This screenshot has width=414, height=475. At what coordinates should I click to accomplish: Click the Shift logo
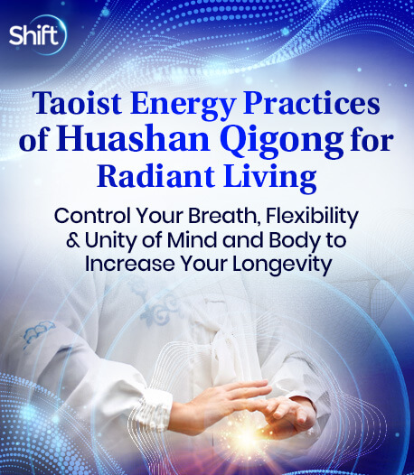[36, 34]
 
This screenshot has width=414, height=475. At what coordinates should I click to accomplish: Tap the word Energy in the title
[183, 105]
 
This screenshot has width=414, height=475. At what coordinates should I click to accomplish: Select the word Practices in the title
[312, 103]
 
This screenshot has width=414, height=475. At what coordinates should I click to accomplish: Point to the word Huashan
[133, 139]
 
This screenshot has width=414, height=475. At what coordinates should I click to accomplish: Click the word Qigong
[282, 142]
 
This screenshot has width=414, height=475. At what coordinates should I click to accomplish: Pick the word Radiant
[156, 176]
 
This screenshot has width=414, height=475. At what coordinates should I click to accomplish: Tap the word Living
[270, 178]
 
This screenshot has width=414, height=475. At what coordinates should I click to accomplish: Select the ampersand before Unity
[73, 240]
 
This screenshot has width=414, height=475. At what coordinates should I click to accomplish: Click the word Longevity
[282, 265]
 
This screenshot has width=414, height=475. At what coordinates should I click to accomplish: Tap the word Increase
[130, 265]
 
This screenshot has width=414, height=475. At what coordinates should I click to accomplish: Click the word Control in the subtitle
[92, 217]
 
